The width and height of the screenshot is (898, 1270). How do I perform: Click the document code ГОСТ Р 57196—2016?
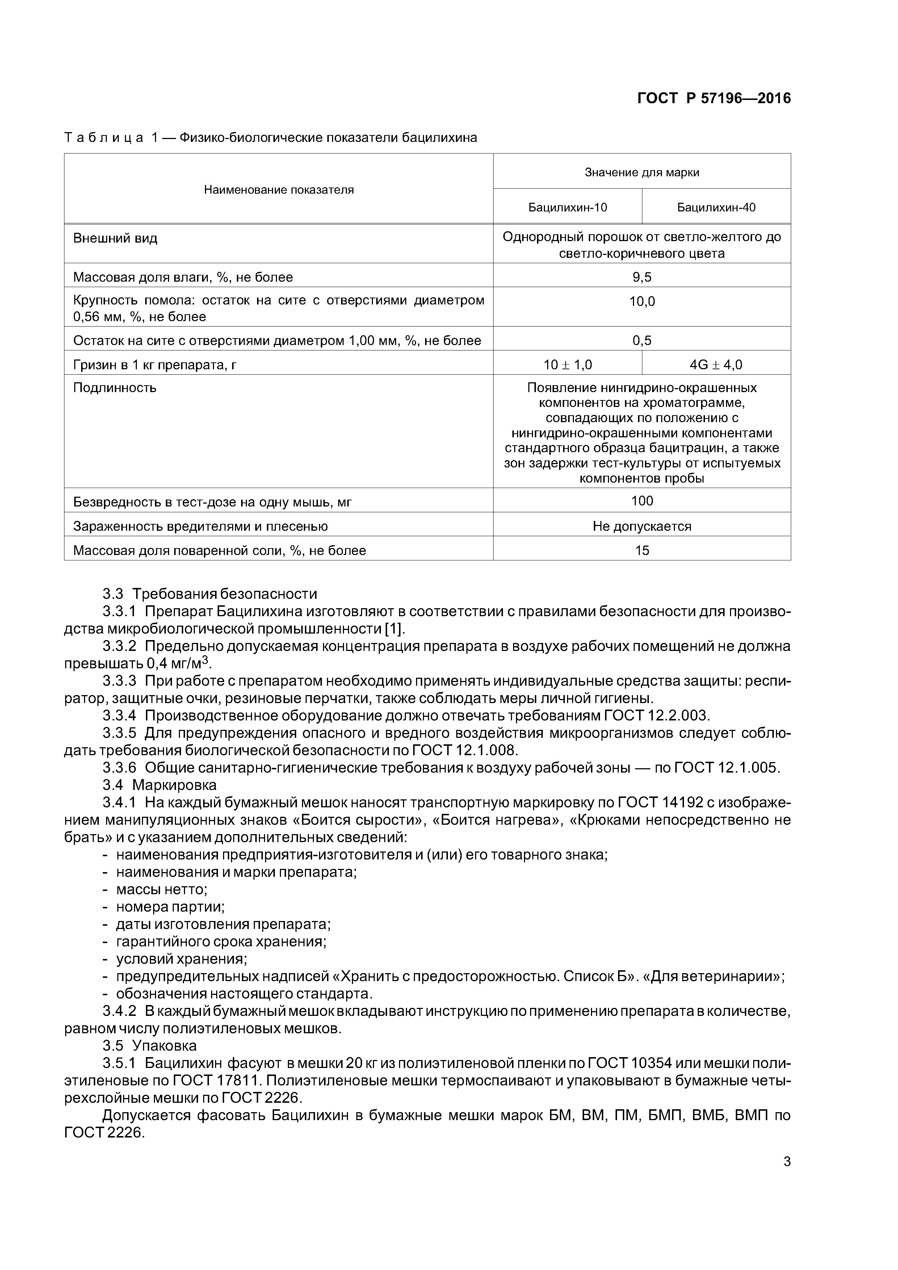(x=714, y=98)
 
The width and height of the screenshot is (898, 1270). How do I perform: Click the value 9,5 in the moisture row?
(x=642, y=277)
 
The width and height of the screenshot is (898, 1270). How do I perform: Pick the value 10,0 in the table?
(x=642, y=302)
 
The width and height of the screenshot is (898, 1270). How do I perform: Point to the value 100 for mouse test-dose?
(x=642, y=501)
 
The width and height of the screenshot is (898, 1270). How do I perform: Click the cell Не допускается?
(x=642, y=526)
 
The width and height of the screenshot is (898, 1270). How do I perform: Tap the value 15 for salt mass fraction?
(x=642, y=550)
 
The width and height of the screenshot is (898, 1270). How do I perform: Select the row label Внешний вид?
(x=115, y=239)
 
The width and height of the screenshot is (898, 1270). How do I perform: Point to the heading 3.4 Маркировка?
(x=159, y=785)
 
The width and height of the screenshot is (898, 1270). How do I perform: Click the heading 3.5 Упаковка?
(x=150, y=1046)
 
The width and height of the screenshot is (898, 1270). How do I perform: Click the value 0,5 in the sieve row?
(x=642, y=340)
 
